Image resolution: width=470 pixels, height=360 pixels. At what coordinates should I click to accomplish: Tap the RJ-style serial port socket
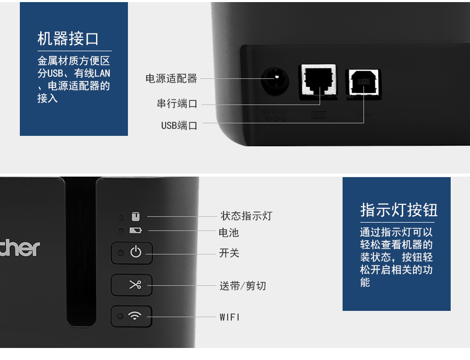[319, 82]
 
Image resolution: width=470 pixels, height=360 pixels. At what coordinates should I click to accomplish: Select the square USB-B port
[363, 84]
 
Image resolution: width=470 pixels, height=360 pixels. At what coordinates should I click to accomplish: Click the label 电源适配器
[171, 78]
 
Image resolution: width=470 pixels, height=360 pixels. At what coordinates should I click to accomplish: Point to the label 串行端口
[177, 103]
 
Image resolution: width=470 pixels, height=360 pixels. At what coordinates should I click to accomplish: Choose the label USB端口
[179, 125]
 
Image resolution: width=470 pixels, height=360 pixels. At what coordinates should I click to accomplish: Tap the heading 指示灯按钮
[398, 210]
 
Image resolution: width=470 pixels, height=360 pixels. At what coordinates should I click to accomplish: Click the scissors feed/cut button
[132, 285]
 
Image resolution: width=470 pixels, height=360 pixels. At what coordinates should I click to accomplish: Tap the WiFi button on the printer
[132, 316]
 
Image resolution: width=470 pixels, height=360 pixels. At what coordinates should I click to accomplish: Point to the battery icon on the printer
[135, 230]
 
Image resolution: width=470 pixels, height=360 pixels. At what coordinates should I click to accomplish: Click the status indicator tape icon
[136, 216]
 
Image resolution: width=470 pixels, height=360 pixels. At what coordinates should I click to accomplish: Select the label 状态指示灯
[246, 216]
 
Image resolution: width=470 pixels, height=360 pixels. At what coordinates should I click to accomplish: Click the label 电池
[229, 233]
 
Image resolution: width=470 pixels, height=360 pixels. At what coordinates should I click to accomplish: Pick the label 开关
[229, 253]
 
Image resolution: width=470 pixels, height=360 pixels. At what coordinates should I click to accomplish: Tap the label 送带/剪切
[242, 286]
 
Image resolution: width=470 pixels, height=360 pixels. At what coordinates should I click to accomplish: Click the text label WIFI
[230, 317]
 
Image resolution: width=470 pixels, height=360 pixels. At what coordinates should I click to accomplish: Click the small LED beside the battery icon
[121, 231]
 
